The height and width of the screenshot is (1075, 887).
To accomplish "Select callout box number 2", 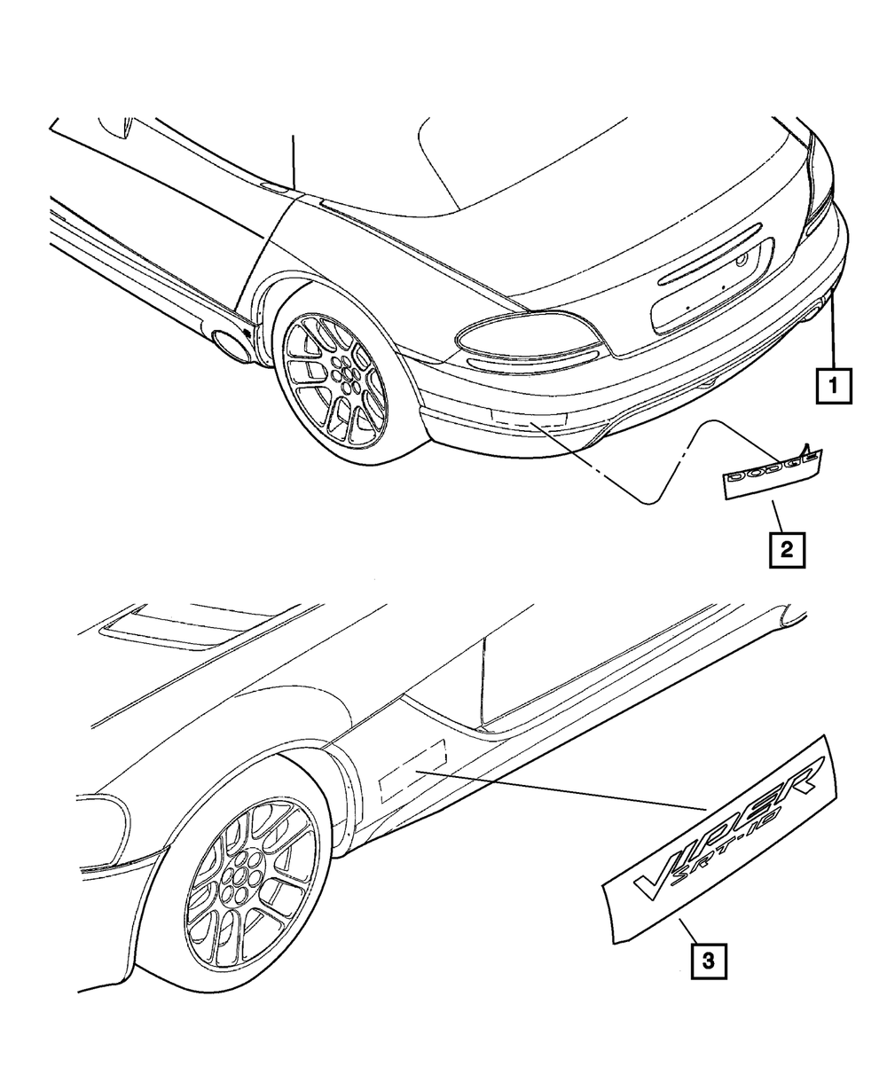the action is click(786, 549).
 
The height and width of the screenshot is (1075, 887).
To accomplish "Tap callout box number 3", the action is click(708, 961).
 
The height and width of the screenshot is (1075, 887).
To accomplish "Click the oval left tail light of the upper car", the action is click(529, 335).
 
